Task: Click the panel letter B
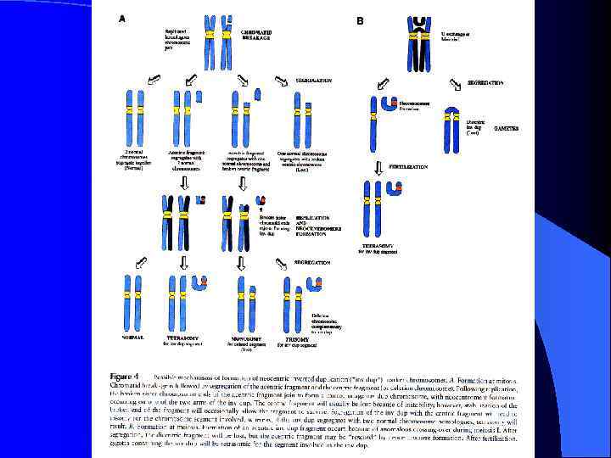[x=360, y=20]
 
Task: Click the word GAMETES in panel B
[x=506, y=128]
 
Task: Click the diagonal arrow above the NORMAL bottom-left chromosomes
[x=141, y=264]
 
